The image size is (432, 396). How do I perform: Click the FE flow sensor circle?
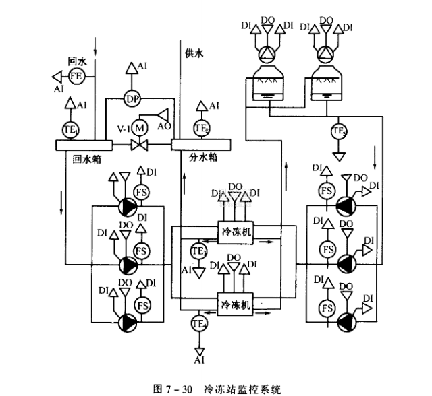point(76,75)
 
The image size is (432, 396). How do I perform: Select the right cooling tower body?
point(329,85)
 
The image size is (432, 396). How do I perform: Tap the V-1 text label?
point(122,127)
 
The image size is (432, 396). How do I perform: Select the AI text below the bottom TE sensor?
point(199,361)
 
